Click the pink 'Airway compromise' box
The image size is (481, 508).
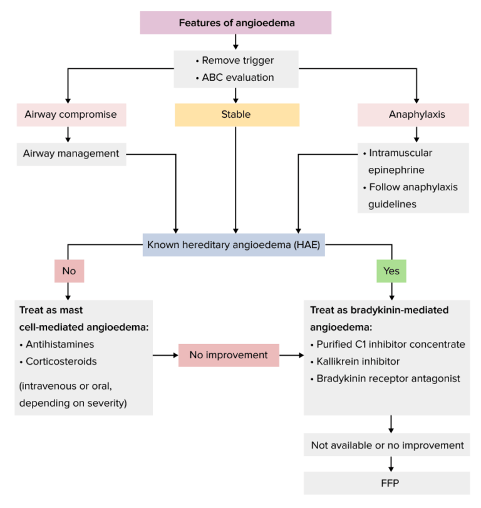tap(71, 115)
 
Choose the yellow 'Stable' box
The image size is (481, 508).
tap(236, 115)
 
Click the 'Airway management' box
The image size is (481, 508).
tap(71, 153)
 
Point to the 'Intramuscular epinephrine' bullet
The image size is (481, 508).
tap(401, 161)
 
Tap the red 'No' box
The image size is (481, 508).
tap(68, 271)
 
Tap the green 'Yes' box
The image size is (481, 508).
tap(391, 271)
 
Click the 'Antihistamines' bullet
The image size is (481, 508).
tap(59, 344)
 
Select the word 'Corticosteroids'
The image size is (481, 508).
tap(62, 361)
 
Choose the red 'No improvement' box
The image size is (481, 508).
tap(228, 355)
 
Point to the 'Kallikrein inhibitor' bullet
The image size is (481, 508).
tap(358, 361)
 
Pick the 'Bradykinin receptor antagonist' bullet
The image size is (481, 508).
tap(388, 378)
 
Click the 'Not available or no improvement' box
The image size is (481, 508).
tap(387, 445)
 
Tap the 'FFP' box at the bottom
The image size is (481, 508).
tap(387, 483)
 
